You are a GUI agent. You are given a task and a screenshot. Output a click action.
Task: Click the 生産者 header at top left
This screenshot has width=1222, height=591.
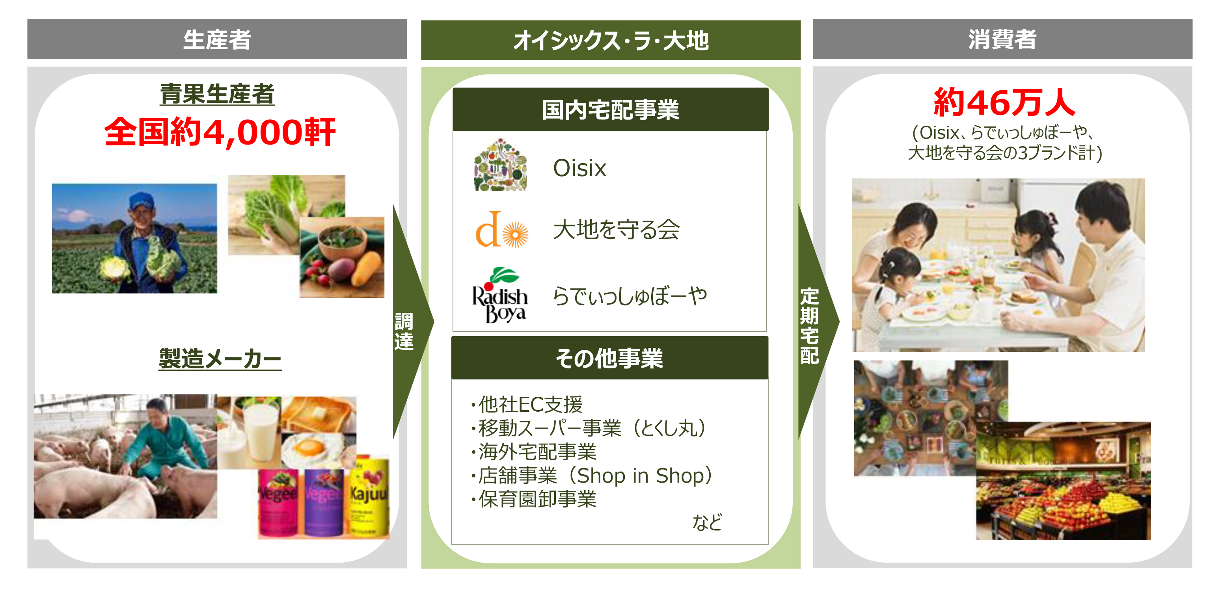pos(217,39)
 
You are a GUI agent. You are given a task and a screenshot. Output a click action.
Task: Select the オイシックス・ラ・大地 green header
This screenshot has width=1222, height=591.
pos(611,40)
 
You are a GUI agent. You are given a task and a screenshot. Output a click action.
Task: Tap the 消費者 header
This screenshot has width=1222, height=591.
pos(1002,39)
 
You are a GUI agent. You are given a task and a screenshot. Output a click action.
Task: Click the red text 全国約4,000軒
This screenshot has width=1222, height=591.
pos(220,132)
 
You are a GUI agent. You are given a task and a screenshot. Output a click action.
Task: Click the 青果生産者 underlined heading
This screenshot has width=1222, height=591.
pos(217,94)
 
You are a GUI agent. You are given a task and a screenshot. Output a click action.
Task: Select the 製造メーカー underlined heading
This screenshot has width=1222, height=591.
pos(220,358)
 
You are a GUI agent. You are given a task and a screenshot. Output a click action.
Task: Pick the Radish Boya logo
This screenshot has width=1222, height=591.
pos(500,295)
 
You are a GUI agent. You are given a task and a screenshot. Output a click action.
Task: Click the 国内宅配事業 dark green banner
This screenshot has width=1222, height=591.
pos(611,110)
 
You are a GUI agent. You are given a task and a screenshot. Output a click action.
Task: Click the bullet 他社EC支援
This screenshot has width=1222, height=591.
pos(527,405)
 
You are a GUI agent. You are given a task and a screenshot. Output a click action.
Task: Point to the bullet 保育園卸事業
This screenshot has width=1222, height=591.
pos(534,499)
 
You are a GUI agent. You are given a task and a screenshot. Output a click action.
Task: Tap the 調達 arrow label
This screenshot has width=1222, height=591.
pos(404,331)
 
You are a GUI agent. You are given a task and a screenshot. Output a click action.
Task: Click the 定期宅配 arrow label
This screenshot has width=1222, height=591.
pos(809,326)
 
